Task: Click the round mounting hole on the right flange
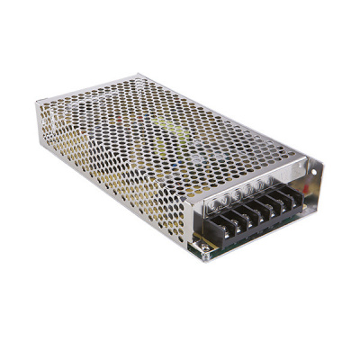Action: coord(311,168)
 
